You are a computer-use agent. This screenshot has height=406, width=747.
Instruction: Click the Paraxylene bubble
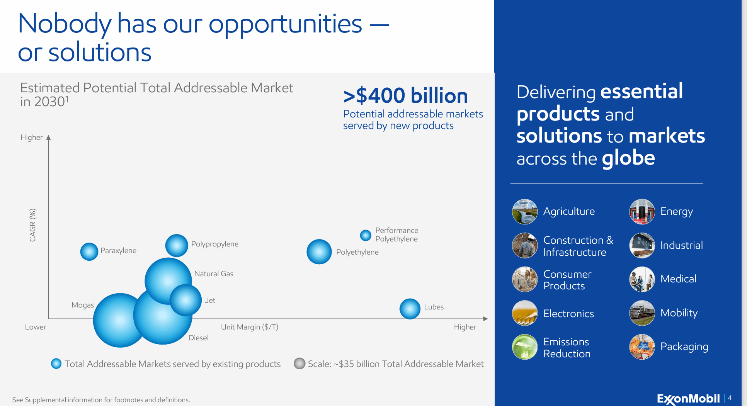pyautogui.click(x=89, y=251)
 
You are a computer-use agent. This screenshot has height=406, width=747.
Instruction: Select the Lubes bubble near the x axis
pyautogui.click(x=410, y=309)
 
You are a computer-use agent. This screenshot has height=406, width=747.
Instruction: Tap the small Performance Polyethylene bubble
pyautogui.click(x=365, y=235)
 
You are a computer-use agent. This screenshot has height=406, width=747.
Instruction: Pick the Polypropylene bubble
pyautogui.click(x=177, y=245)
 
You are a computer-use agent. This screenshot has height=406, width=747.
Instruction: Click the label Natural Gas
pyautogui.click(x=213, y=273)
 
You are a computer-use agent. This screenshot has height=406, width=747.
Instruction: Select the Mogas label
pyautogui.click(x=83, y=305)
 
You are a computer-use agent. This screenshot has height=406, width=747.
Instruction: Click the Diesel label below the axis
pyautogui.click(x=198, y=338)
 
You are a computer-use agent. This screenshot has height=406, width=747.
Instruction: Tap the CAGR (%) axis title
pyautogui.click(x=32, y=225)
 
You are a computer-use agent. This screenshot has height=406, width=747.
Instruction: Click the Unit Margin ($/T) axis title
pyautogui.click(x=249, y=327)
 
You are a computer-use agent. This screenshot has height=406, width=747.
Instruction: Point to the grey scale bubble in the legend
pyautogui.click(x=299, y=364)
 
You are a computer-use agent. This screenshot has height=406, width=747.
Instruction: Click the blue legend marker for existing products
pyautogui.click(x=56, y=364)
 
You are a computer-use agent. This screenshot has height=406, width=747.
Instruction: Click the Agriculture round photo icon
pyautogui.click(x=524, y=212)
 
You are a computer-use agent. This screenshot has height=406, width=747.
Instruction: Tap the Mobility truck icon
pyautogui.click(x=642, y=313)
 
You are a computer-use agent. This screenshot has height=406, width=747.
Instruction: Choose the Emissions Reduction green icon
pyautogui.click(x=524, y=347)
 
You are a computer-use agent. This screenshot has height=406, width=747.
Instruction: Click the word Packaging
pyautogui.click(x=684, y=347)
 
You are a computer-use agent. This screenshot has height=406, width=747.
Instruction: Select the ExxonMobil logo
pyautogui.click(x=688, y=398)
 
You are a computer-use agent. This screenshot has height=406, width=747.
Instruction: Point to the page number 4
pyautogui.click(x=730, y=398)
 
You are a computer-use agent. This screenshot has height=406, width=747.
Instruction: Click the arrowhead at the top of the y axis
pyautogui.click(x=48, y=138)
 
